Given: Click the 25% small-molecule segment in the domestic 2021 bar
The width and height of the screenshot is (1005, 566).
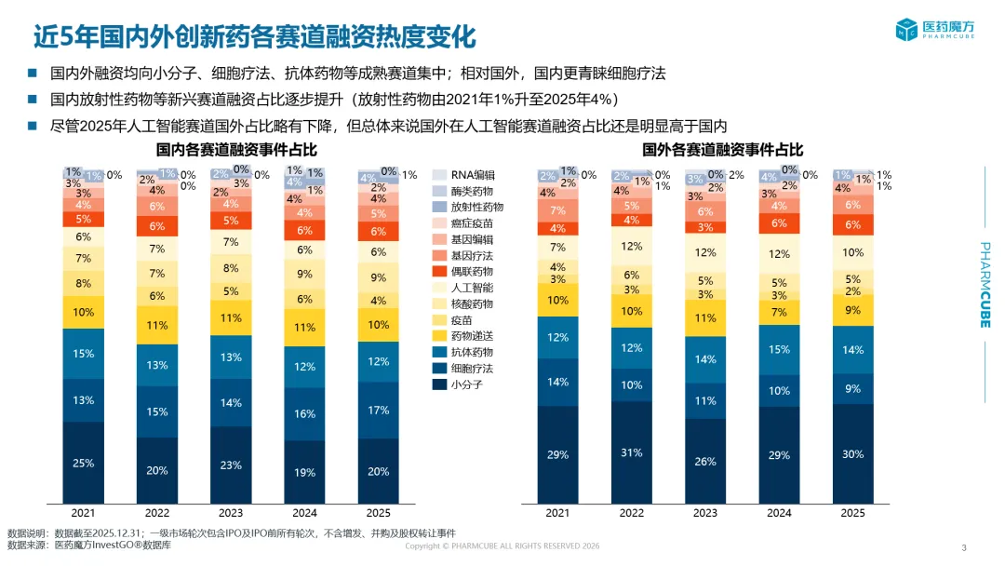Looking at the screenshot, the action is (x=84, y=463).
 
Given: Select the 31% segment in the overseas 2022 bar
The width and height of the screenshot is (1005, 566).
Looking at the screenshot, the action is (x=631, y=452).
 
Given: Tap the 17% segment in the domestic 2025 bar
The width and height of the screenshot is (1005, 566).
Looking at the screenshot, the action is (x=378, y=411).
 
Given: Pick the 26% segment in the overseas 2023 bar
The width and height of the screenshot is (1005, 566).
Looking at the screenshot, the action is (x=705, y=462).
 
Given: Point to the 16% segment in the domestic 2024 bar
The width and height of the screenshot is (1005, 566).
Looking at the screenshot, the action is (x=304, y=414).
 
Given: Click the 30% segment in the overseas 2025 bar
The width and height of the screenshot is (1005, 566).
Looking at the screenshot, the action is (x=852, y=454).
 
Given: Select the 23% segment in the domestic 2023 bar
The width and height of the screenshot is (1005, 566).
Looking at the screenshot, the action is (x=231, y=465).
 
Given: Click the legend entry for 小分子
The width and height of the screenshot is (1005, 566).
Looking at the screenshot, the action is (x=458, y=384).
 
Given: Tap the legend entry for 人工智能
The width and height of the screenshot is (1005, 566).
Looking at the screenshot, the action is (x=462, y=288).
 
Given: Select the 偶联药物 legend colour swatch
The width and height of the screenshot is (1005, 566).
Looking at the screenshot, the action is (x=439, y=272).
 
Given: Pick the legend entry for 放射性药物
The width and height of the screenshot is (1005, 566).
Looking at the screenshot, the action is (x=468, y=207).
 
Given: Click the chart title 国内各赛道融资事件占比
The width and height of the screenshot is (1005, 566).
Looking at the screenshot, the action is (x=236, y=150).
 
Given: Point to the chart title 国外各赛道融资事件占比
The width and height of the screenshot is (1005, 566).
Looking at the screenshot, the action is (x=722, y=150).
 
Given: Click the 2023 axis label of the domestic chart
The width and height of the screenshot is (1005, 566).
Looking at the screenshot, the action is (x=231, y=513).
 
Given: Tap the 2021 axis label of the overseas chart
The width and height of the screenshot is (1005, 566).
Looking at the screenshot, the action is (x=557, y=513).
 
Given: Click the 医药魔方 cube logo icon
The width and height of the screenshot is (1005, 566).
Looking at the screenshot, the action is (x=906, y=30).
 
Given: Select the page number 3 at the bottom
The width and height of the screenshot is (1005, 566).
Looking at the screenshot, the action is (x=964, y=548).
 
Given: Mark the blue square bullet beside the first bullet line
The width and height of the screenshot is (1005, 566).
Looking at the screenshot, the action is (x=32, y=73).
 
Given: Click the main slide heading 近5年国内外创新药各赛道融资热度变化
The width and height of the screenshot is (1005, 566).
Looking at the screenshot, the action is (x=254, y=36).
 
